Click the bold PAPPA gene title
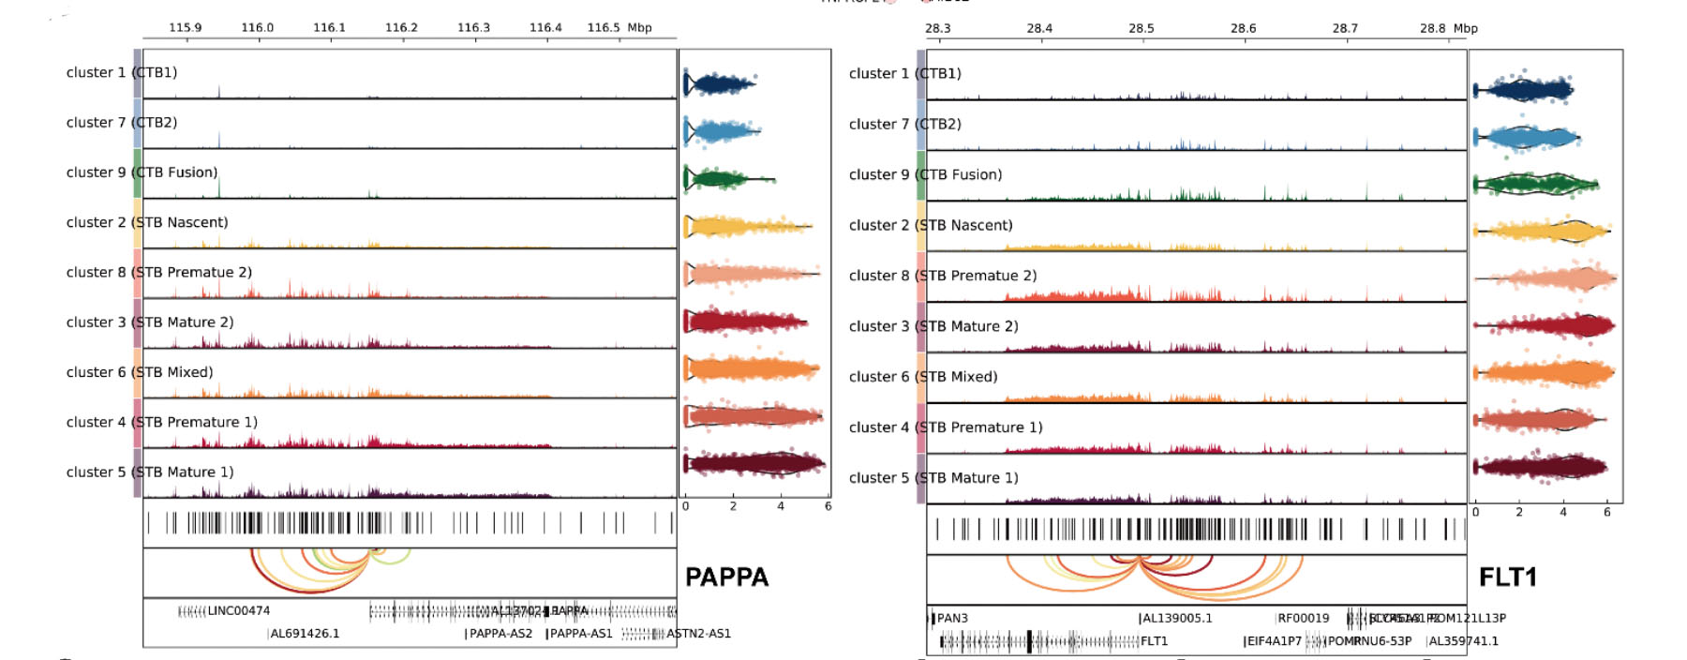726,577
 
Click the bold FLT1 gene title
1507,577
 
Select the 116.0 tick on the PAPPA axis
257,28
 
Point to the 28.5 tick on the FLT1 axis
1141,29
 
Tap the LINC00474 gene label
238,611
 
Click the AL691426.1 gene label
305,634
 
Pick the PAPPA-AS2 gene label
500,634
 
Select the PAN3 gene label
952,619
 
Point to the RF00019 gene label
1303,619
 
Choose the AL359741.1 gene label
1463,641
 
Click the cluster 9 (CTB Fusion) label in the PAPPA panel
142,172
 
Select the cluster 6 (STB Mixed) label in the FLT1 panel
923,377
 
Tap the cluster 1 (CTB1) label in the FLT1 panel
904,73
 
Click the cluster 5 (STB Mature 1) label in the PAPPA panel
150,472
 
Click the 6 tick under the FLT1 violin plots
1606,513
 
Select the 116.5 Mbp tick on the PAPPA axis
604,28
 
